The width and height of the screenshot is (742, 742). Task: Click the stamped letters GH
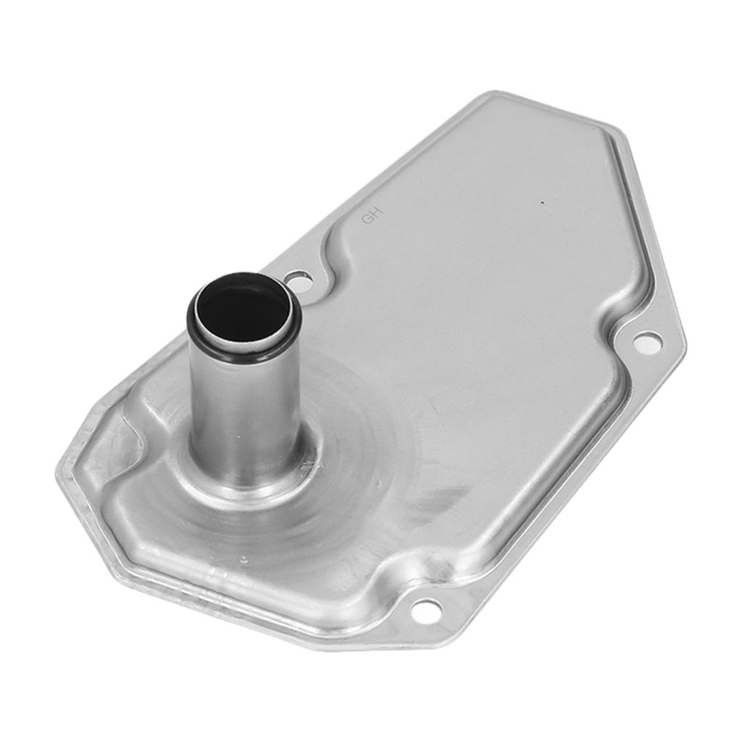(x=371, y=215)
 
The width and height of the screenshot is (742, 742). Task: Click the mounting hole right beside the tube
(x=299, y=280)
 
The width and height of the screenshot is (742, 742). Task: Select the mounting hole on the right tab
(x=647, y=343)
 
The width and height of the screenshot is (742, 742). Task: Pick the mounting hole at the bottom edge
(x=426, y=611)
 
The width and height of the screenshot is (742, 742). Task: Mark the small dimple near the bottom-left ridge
(x=243, y=559)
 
